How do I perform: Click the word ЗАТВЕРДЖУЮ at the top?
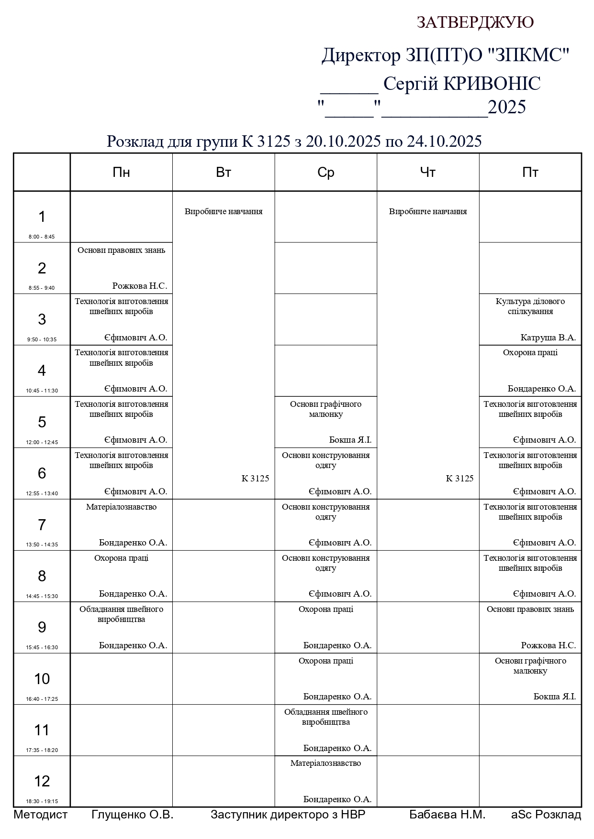[475, 22]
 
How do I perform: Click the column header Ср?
[325, 172]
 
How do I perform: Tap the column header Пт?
[530, 172]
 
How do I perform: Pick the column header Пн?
[121, 172]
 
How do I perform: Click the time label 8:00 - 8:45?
[42, 237]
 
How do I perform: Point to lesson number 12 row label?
[42, 781]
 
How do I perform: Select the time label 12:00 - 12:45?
[42, 442]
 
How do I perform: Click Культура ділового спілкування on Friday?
[530, 306]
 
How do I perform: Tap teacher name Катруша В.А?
[548, 338]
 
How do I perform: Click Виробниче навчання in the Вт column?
[224, 211]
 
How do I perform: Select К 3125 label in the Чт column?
[460, 479]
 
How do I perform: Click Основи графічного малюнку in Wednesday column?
[325, 409]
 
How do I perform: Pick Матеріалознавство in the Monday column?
[121, 507]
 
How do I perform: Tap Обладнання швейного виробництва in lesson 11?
[325, 717]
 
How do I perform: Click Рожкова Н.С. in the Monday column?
[140, 286]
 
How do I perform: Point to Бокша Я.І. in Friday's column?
[554, 697]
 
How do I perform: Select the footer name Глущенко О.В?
[132, 815]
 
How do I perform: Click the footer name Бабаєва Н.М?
[447, 815]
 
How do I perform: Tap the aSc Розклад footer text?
[546, 815]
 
